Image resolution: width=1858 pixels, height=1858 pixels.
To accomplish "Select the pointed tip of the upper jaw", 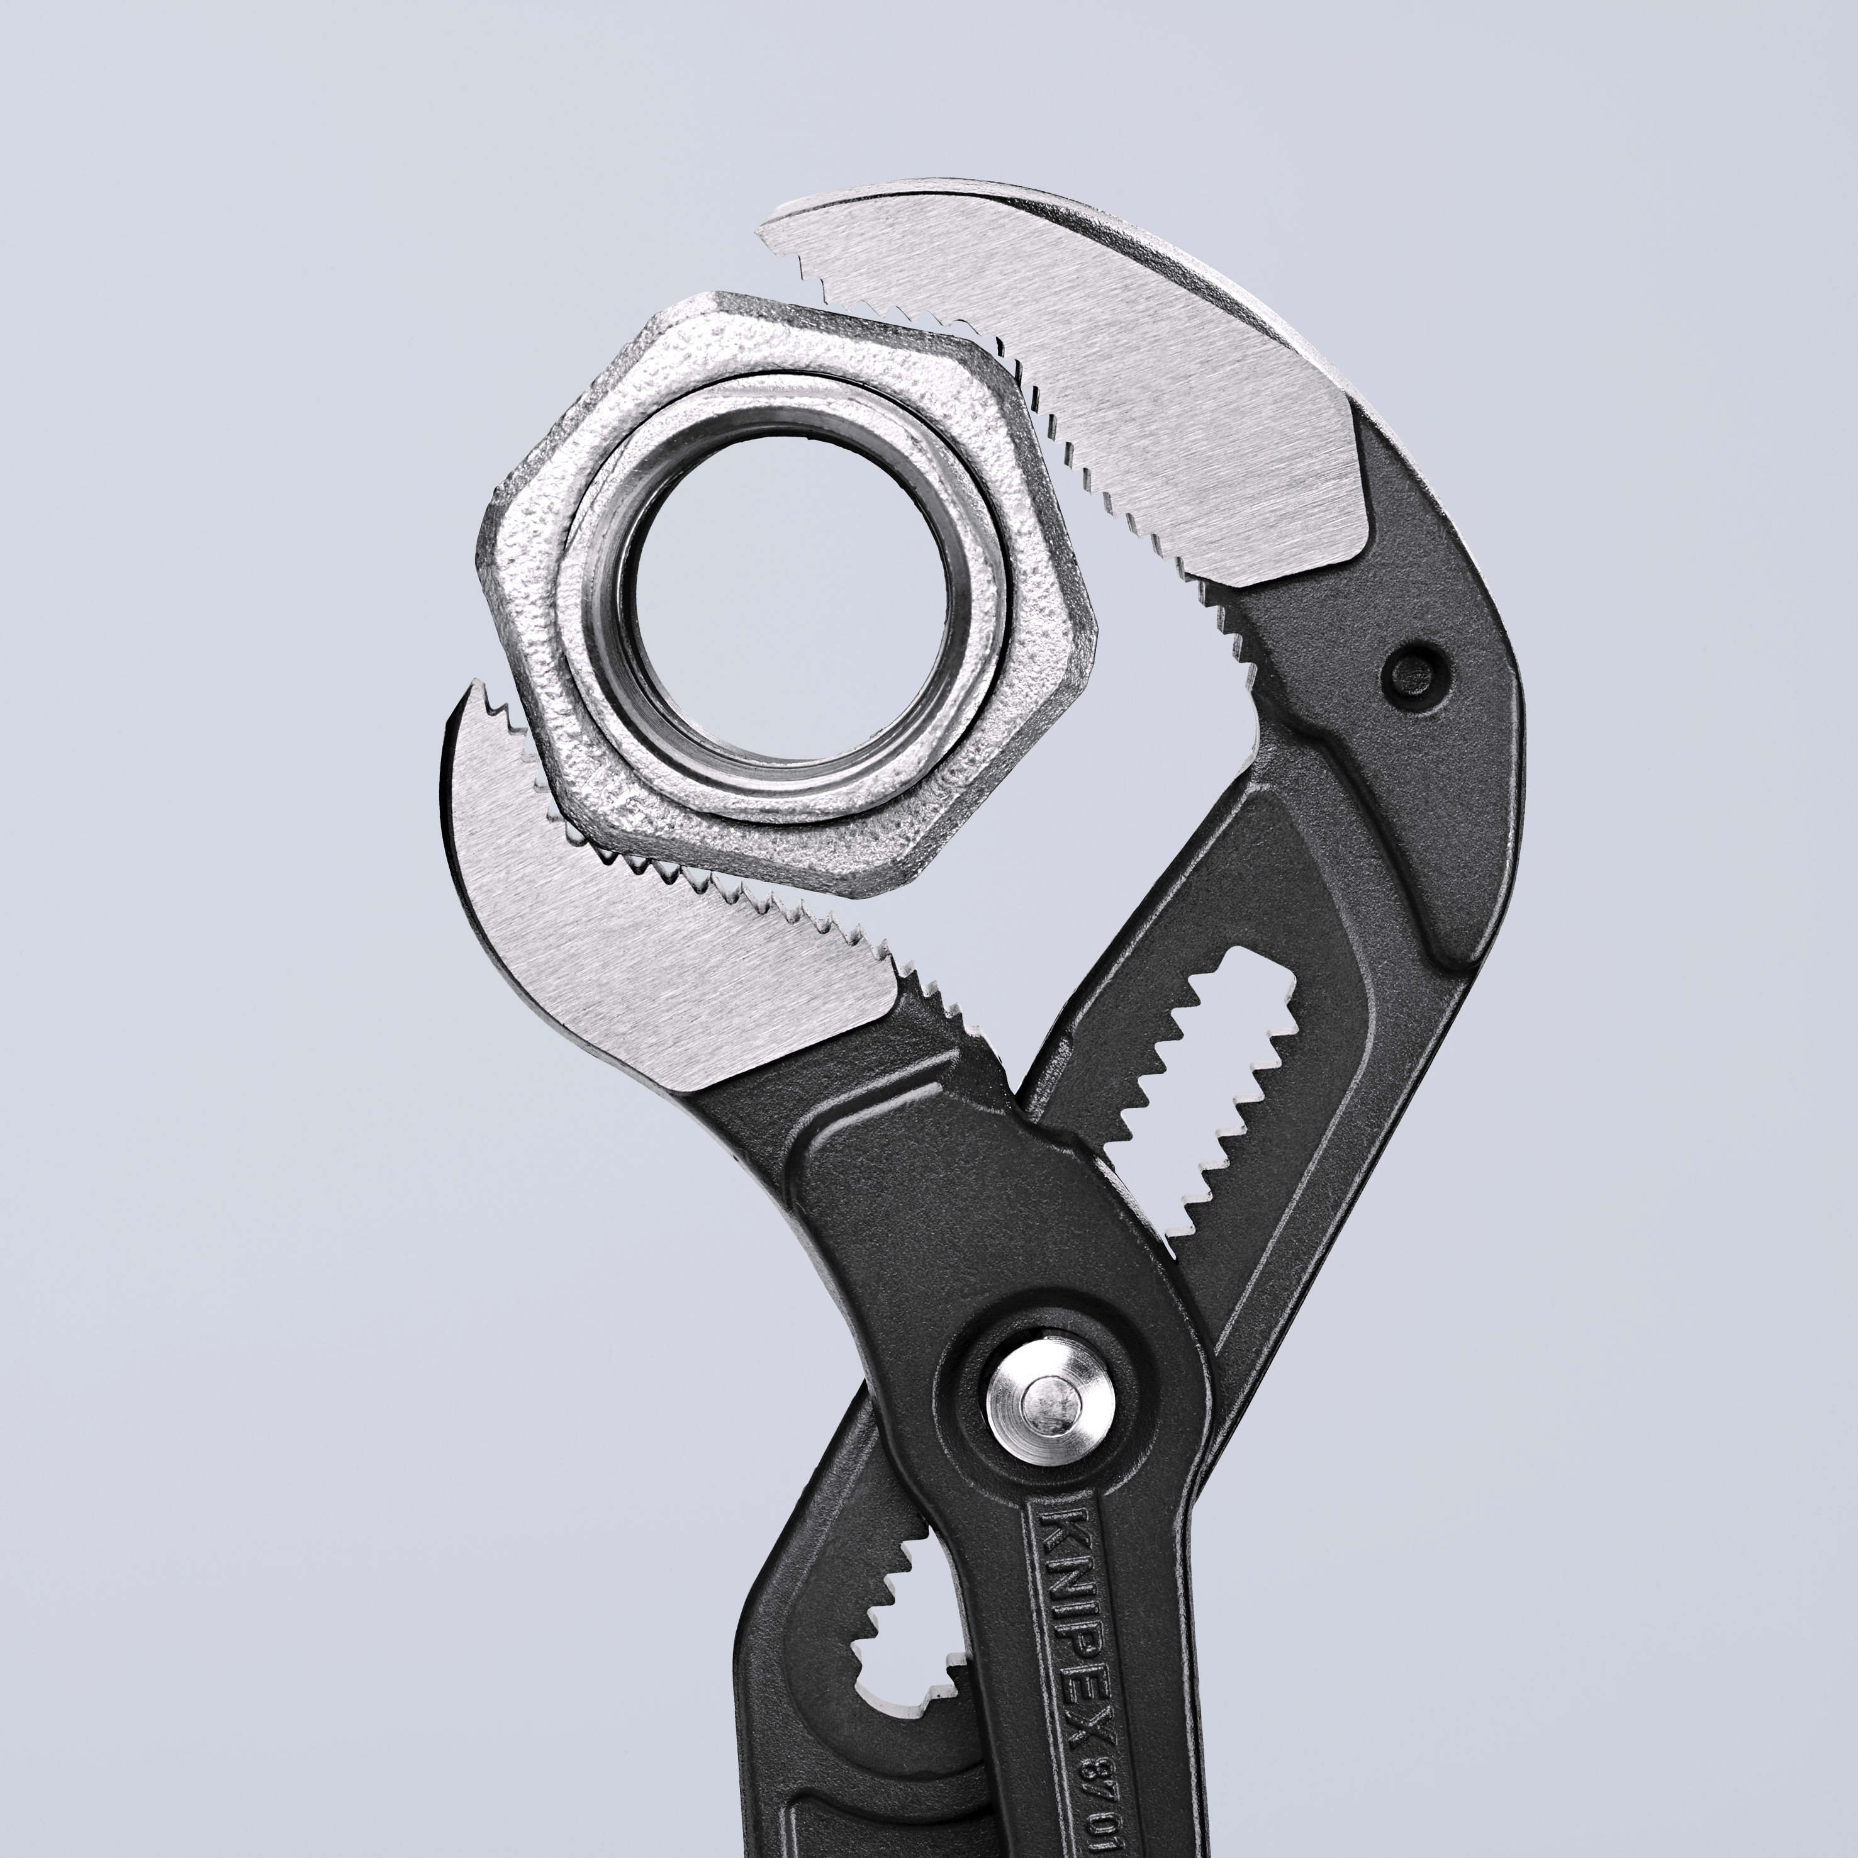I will [770, 229].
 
